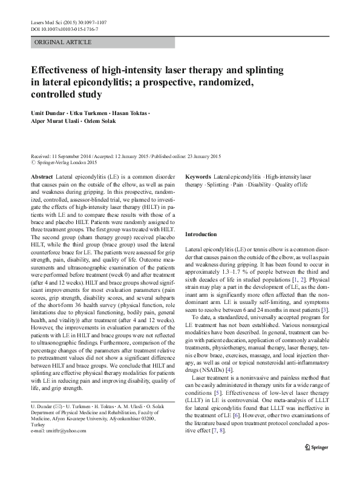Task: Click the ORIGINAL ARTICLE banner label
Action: pyautogui.click(x=64, y=42)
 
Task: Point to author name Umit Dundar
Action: pyautogui.click(x=50, y=113)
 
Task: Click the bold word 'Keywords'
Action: pyautogui.click(x=198, y=175)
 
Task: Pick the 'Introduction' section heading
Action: pyautogui.click(x=200, y=234)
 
